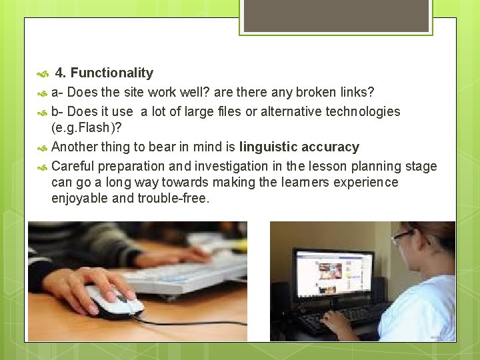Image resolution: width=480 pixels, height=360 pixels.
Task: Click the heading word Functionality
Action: point(112,73)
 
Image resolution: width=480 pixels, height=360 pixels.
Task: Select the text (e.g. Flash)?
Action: point(86,128)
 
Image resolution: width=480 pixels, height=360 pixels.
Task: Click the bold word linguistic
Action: point(269,147)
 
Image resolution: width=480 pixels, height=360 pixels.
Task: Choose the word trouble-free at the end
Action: point(173,199)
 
